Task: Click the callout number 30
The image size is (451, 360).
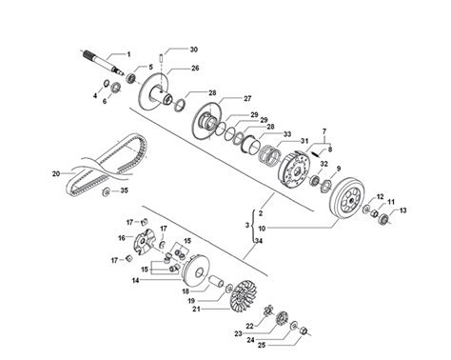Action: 194,50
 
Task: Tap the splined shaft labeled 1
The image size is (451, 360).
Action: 104,64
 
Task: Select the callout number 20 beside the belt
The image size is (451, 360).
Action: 56,173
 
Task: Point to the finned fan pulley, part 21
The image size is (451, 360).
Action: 243,295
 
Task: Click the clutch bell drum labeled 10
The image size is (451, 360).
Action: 347,198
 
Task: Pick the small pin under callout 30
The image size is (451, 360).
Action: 161,59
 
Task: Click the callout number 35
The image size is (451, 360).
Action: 124,190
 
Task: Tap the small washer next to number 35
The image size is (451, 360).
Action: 106,191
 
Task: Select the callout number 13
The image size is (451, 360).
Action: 402,210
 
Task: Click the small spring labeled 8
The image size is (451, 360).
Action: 315,153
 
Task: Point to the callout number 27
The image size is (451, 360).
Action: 247,98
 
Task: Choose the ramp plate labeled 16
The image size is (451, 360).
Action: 145,242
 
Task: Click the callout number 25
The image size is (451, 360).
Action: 262,346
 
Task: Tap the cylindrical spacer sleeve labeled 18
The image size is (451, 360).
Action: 217,281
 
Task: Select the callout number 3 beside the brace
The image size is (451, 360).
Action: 247,225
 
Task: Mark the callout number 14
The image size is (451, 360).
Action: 136,280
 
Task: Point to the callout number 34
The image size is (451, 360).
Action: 259,241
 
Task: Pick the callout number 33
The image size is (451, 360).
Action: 287,134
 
